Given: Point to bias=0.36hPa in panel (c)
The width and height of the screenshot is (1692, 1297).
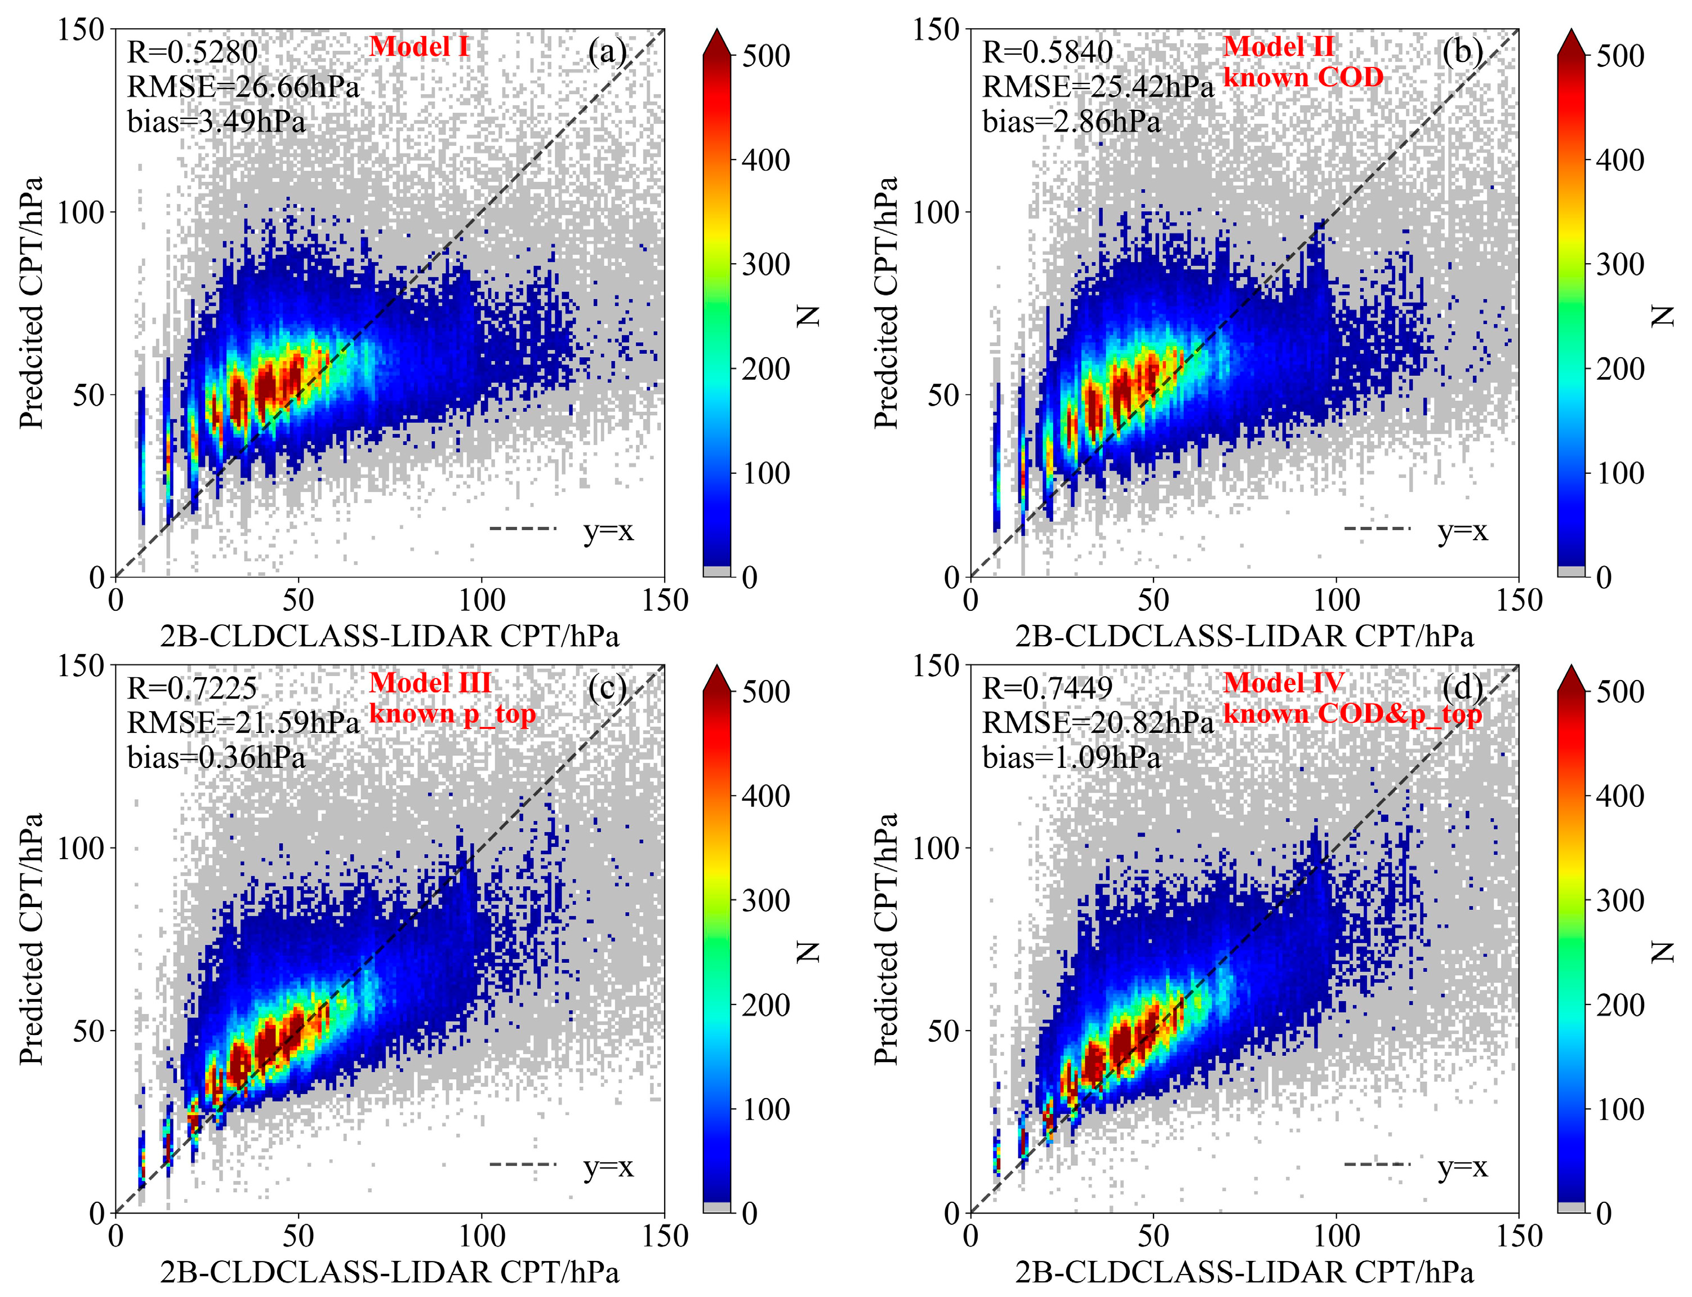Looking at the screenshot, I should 216,757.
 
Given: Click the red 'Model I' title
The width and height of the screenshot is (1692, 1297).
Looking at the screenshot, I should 419,47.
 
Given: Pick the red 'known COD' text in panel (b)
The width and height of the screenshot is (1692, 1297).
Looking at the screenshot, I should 1303,77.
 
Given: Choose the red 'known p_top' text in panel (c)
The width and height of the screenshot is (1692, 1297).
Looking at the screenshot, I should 452,714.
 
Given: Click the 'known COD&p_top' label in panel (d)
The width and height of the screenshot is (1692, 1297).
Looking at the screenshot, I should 1352,714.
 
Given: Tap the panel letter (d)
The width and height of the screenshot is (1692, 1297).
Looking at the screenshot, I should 1462,687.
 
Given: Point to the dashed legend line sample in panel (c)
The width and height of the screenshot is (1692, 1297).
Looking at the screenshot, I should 523,1164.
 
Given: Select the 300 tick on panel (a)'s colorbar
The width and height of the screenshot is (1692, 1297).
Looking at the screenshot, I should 765,265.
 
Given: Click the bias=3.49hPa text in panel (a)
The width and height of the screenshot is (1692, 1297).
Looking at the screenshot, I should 216,122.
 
